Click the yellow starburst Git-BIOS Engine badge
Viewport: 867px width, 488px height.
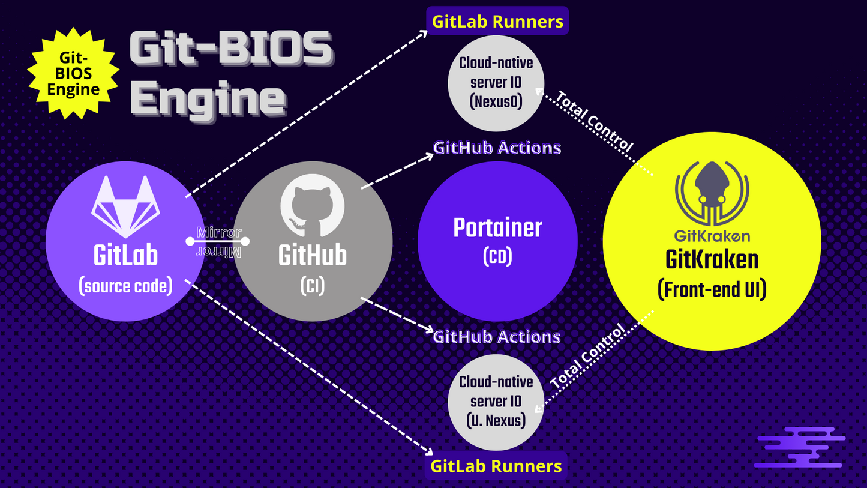coord(74,73)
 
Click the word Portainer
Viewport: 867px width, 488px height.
coord(497,227)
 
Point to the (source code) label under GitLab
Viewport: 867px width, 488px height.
coord(125,286)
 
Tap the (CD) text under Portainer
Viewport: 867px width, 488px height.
coord(497,257)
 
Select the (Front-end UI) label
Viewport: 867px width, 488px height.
coord(712,290)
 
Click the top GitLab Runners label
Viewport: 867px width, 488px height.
coord(497,22)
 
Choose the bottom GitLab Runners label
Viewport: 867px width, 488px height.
coord(496,466)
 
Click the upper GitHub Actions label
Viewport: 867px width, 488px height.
coord(497,148)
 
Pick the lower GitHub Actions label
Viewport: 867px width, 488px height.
coord(497,336)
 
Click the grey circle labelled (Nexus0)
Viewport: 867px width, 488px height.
coord(496,83)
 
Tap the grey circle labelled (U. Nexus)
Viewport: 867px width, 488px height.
coord(496,401)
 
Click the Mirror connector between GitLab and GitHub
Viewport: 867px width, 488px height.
coord(218,241)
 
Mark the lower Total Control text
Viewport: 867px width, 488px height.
coord(587,356)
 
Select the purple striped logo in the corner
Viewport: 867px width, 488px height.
coord(800,447)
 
